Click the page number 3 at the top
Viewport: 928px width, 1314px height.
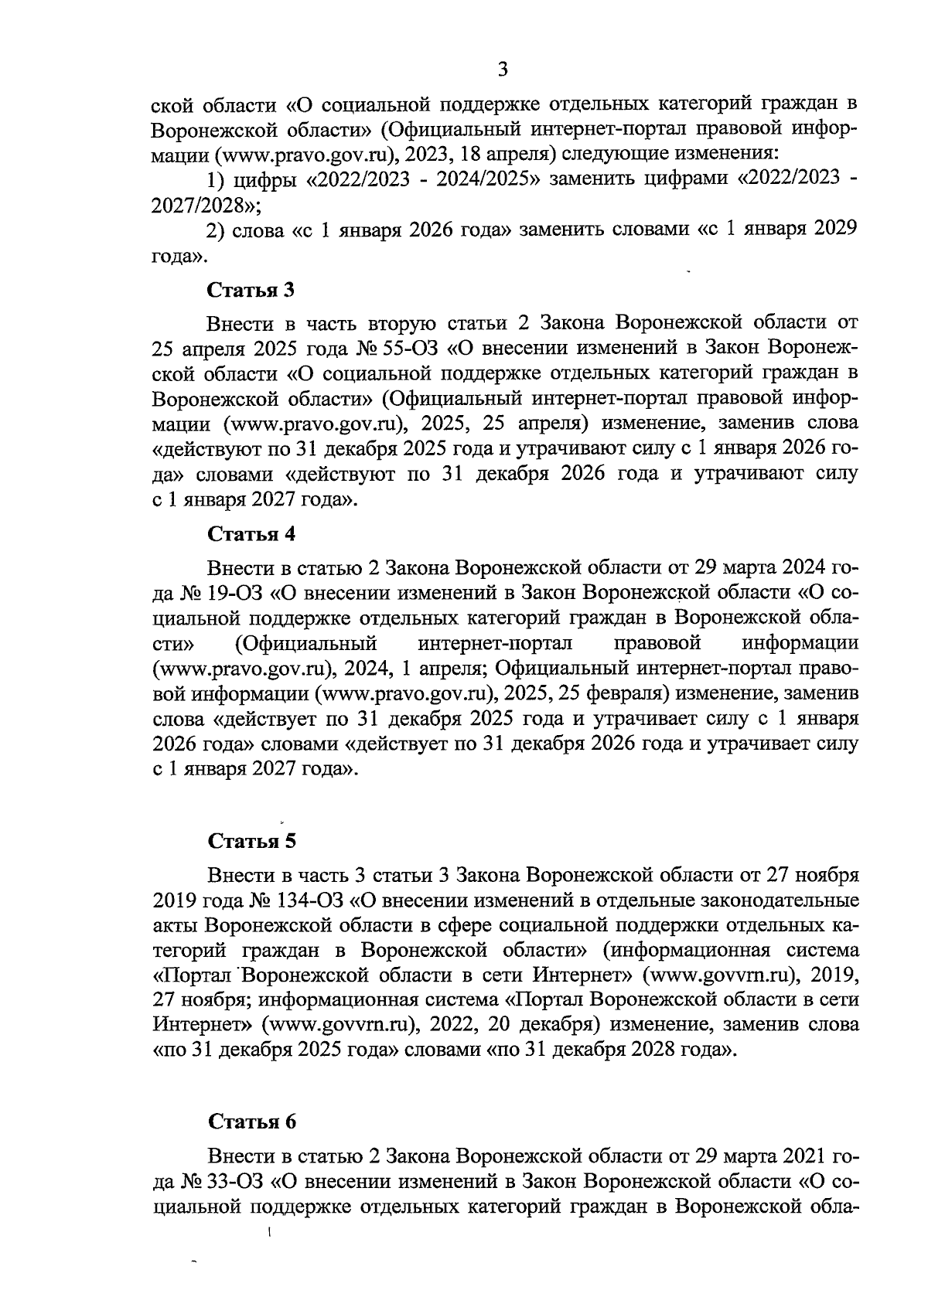pos(503,70)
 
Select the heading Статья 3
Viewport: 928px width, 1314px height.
pos(251,291)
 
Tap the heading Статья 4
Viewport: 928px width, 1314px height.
pos(251,534)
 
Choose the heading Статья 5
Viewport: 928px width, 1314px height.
pos(251,840)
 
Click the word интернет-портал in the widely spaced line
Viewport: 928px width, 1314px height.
pos(494,642)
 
